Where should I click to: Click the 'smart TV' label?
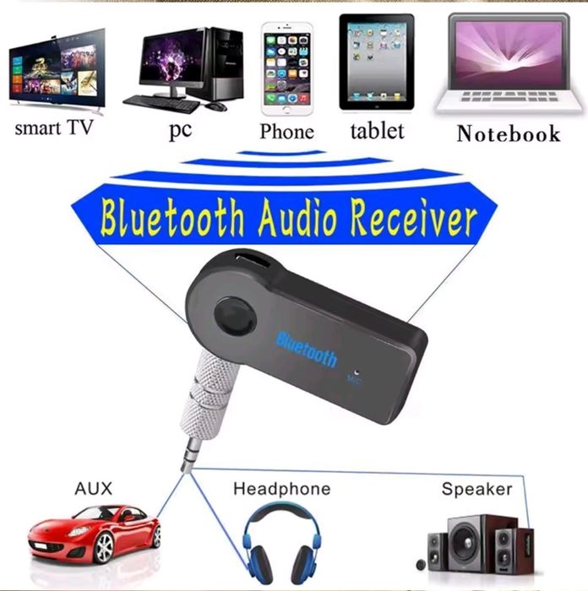click(53, 129)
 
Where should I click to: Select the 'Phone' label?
click(286, 131)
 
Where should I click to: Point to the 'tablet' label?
click(377, 130)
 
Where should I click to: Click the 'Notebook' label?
click(508, 133)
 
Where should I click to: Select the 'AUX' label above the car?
click(93, 489)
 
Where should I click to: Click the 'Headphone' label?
click(281, 489)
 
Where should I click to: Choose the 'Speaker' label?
click(476, 489)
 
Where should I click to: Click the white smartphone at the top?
click(286, 68)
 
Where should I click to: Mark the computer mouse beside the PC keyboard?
click(215, 106)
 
